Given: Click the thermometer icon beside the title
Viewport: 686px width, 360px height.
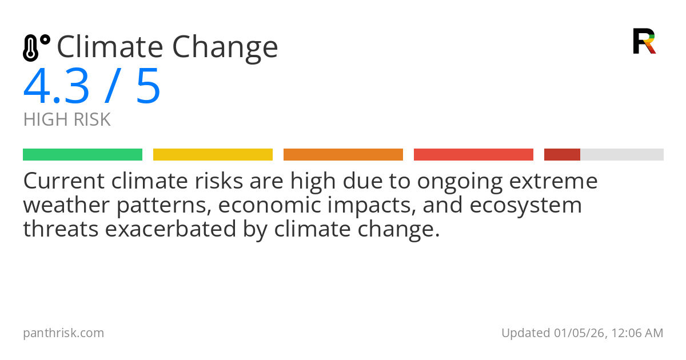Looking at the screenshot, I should [x=35, y=48].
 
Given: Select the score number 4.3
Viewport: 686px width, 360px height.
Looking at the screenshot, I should [x=56, y=87].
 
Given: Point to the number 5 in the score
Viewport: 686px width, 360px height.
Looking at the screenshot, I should [x=147, y=87].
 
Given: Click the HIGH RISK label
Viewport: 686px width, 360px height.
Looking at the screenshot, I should [x=67, y=119].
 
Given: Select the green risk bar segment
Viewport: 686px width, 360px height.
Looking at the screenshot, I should [x=82, y=155].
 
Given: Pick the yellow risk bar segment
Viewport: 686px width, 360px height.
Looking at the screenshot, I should [x=213, y=155].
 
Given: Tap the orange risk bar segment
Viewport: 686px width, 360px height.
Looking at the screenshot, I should [x=343, y=155].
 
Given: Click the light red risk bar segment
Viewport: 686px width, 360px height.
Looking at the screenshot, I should [x=473, y=155].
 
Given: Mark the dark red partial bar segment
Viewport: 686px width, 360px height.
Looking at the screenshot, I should [x=562, y=155].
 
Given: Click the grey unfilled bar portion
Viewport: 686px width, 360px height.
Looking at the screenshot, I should [x=622, y=155].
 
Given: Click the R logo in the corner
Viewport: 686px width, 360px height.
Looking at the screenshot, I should [x=644, y=41].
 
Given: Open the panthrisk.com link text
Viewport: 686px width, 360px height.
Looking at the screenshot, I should [x=63, y=333].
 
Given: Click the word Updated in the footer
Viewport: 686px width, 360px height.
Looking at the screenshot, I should [x=525, y=333].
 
